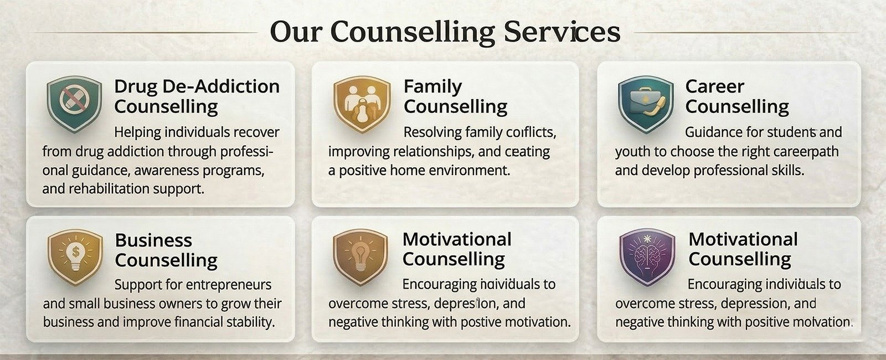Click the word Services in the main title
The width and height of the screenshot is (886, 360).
click(x=562, y=32)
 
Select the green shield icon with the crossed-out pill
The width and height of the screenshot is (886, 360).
click(x=74, y=103)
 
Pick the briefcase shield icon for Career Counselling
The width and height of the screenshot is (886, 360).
click(x=646, y=104)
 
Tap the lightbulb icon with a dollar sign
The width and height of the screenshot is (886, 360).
click(x=75, y=257)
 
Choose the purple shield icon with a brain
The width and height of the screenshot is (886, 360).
click(x=647, y=256)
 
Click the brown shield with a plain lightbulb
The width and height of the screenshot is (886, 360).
click(x=360, y=256)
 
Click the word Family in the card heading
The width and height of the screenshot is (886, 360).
click(x=432, y=87)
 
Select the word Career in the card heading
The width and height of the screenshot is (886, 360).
click(x=715, y=86)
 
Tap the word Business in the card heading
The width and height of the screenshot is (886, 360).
click(x=153, y=240)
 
